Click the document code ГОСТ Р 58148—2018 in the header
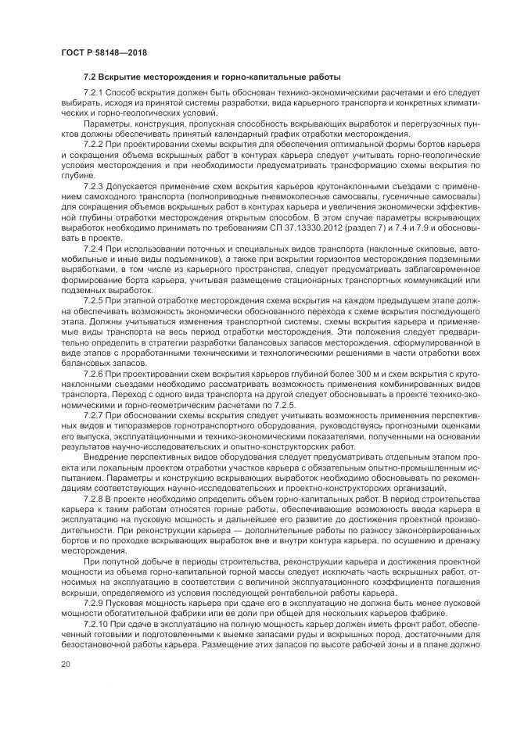104,52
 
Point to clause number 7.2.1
95,92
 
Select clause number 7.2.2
95,144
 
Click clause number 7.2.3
95,188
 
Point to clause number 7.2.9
95,604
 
